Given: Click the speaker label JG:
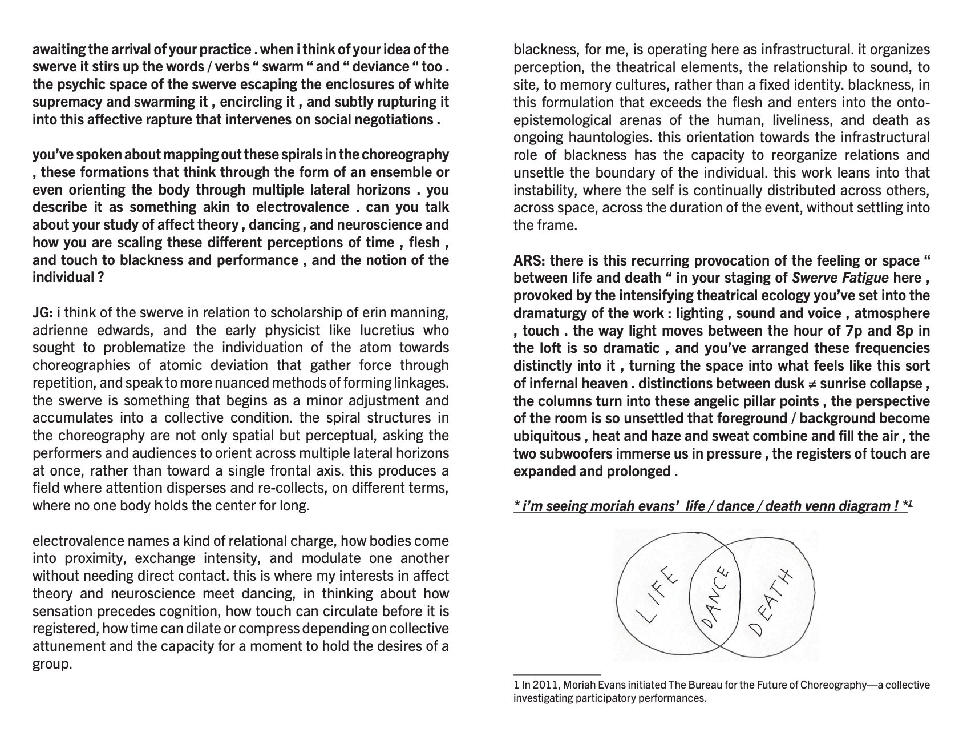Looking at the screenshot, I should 43,313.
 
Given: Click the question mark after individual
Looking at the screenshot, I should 100,278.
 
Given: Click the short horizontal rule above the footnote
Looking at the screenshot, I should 557,675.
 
